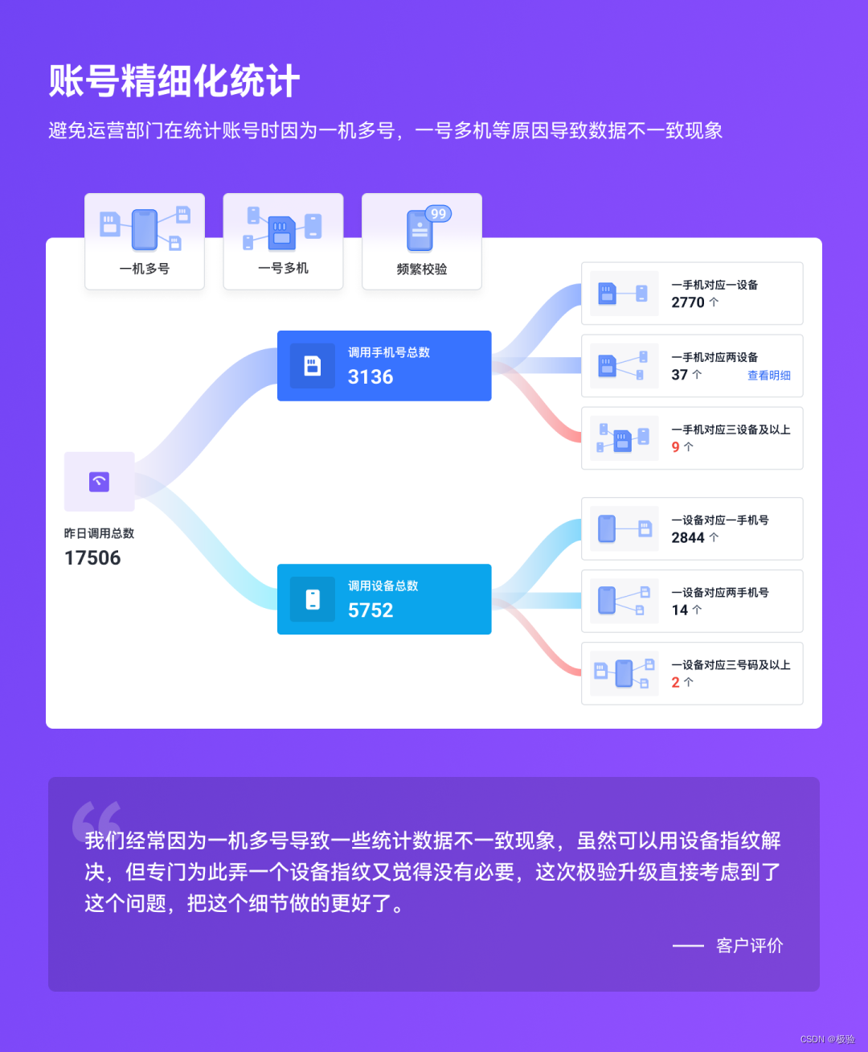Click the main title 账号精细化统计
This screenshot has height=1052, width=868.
pos(174,81)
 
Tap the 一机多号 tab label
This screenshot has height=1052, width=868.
pos(145,269)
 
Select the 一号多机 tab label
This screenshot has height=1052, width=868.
pos(283,268)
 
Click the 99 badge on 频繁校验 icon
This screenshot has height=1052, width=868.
pos(438,214)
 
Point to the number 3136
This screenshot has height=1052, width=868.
pos(371,376)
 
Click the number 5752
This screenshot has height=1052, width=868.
pos(371,610)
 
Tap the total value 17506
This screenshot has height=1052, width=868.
pos(92,558)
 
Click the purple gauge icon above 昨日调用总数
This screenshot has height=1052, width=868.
pos(100,482)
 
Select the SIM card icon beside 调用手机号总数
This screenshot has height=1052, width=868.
pos(313,366)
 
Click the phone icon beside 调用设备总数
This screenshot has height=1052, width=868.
pos(313,599)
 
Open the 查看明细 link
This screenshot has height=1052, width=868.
pos(769,376)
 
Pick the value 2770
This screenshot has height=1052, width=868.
pos(688,302)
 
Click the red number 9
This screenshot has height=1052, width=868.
pos(676,447)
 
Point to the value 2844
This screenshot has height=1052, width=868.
pos(688,537)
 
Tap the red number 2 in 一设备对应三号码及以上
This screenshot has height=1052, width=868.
pos(676,682)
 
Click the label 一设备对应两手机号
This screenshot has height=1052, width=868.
pos(720,593)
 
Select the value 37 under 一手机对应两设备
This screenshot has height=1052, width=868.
pos(680,375)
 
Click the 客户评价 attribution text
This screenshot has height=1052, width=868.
pos(749,946)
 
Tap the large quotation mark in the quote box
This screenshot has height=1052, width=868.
pos(96,820)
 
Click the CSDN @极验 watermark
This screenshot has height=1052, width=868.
pos(827,1039)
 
